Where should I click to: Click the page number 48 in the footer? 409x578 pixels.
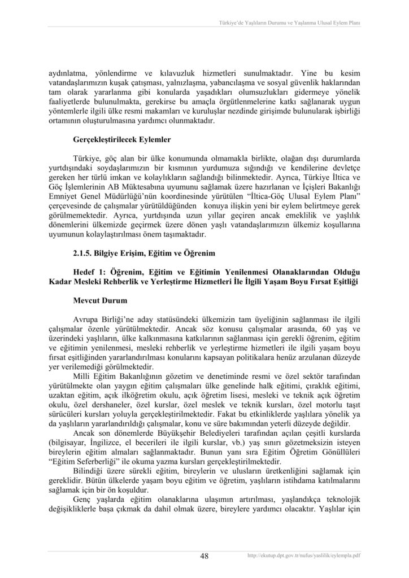[204, 556]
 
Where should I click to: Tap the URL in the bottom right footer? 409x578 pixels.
[304, 556]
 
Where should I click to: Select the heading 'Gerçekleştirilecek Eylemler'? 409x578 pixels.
[122, 138]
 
